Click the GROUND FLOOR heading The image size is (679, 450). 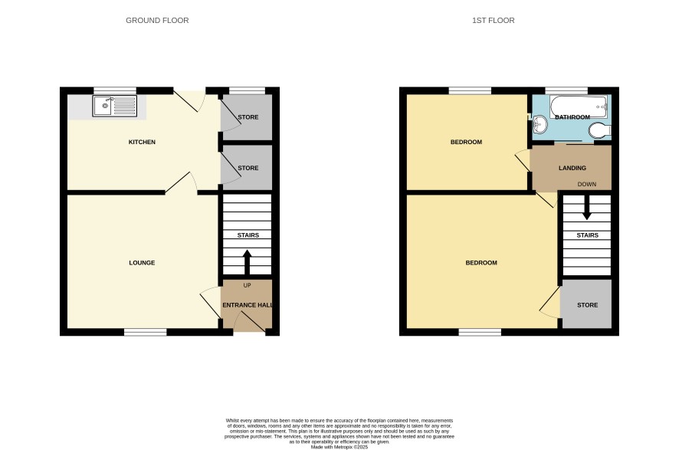click(157, 21)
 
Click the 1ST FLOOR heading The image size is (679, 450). click(494, 21)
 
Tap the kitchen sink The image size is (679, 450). click(115, 106)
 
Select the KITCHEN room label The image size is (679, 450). click(142, 142)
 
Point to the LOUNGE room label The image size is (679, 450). click(142, 263)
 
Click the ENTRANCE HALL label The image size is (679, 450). click(248, 305)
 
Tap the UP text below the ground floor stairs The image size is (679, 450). click(248, 285)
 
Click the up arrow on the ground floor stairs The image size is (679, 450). click(248, 262)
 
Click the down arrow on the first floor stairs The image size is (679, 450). click(587, 208)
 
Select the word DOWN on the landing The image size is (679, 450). click(587, 185)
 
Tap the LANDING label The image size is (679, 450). click(572, 168)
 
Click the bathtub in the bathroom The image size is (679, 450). click(579, 107)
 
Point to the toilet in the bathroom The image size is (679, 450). click(600, 130)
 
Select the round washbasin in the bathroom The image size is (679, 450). click(540, 125)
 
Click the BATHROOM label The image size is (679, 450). click(572, 117)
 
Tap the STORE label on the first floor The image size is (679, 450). click(587, 305)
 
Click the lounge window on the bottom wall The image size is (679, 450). click(146, 332)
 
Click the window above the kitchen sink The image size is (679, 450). click(115, 90)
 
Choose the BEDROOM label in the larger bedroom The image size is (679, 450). click(481, 263)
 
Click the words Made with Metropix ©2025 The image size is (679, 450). click(339, 447)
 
